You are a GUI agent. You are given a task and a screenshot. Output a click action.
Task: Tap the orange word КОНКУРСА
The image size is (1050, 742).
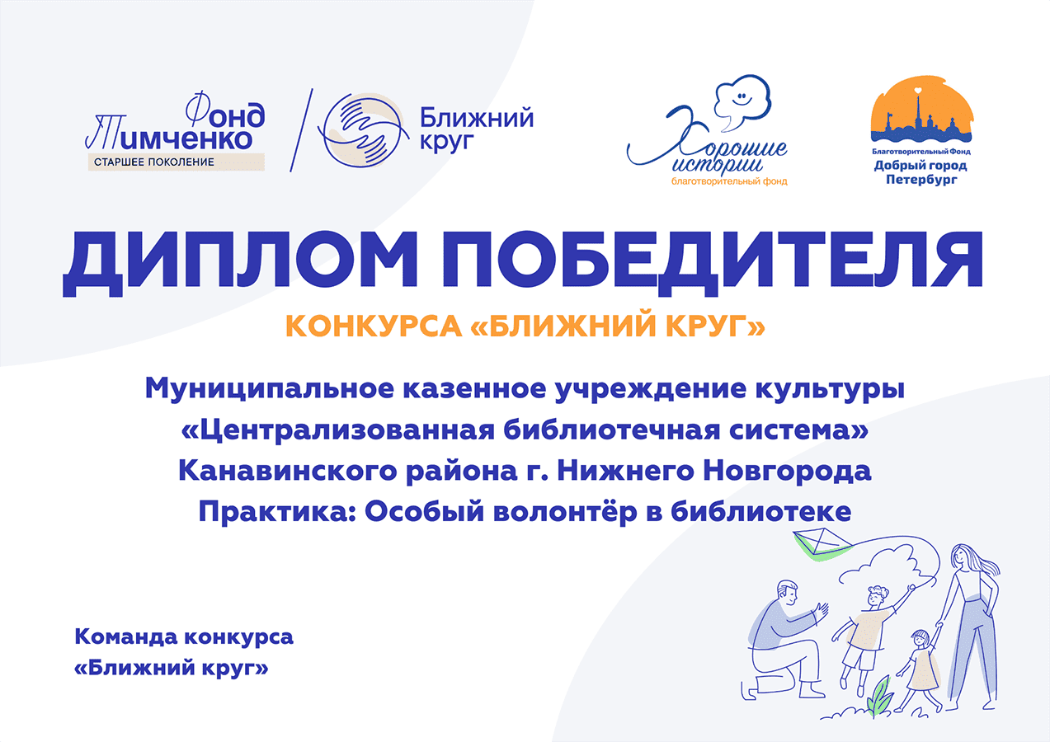click(x=374, y=326)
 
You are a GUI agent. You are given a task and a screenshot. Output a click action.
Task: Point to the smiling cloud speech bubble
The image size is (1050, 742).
click(x=742, y=101)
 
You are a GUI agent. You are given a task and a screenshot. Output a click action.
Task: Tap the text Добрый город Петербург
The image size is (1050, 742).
click(x=921, y=172)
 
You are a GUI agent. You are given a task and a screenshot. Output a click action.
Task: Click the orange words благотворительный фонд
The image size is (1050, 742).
click(x=729, y=181)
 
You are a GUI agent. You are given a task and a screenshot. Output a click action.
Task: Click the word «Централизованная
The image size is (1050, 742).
click(x=338, y=430)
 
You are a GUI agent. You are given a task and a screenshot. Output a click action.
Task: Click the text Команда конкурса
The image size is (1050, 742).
click(x=184, y=637)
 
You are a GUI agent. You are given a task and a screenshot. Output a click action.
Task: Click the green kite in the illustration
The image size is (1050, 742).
click(x=822, y=545)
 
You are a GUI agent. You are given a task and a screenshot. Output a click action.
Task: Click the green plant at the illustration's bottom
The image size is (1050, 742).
click(x=880, y=698)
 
